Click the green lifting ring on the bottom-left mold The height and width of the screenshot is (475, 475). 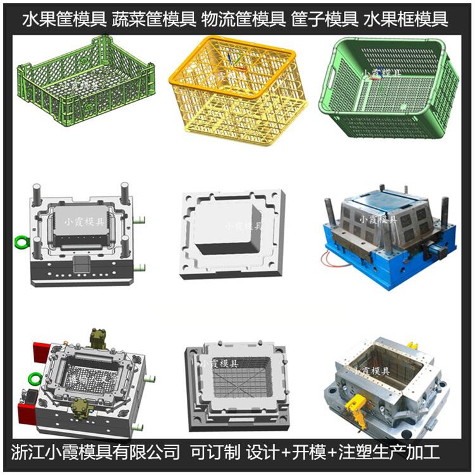[x=34, y=379]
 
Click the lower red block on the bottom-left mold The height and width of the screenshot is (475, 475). [x=27, y=413]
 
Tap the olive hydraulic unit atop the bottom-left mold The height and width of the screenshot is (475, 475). [x=99, y=339]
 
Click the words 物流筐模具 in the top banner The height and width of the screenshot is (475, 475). [x=243, y=19]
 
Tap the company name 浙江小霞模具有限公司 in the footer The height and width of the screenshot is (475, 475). [x=96, y=452]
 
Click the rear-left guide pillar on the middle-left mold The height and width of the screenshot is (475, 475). [x=37, y=194]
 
